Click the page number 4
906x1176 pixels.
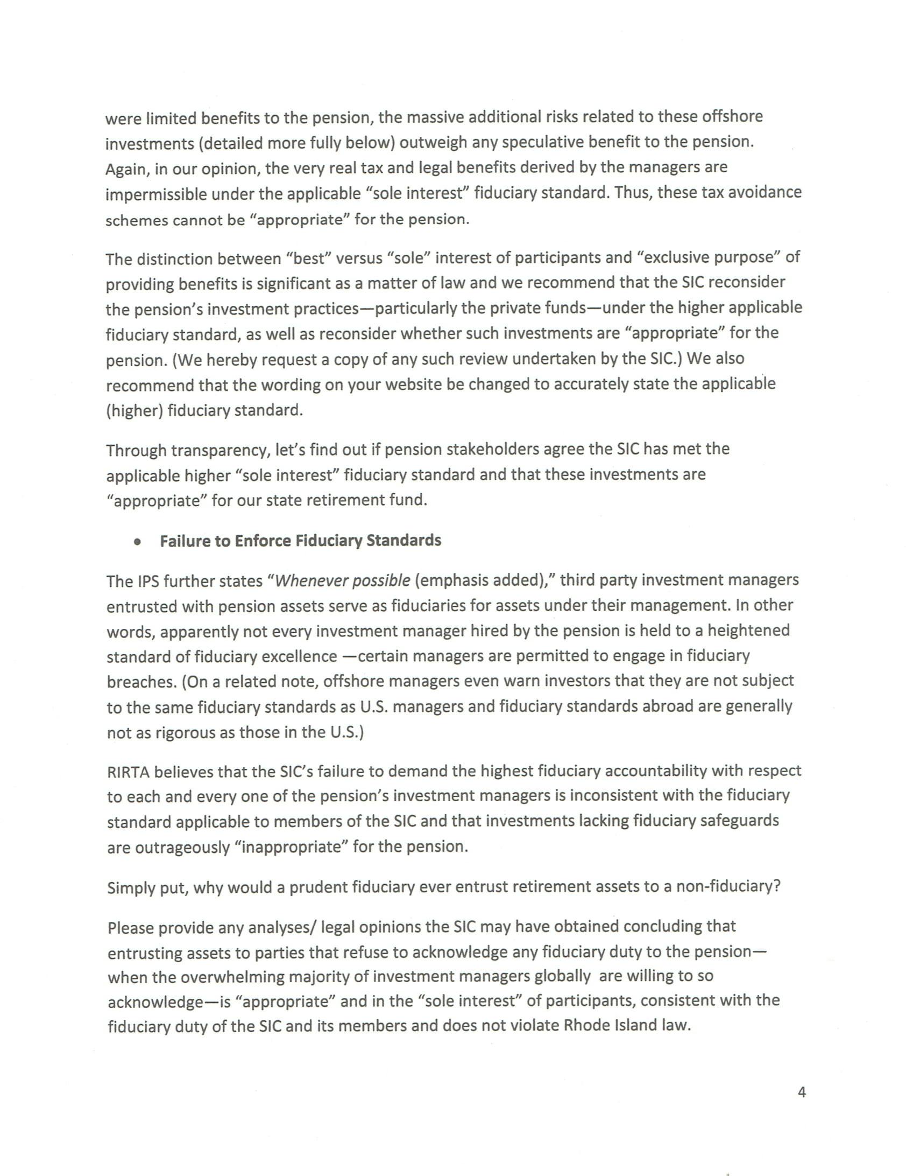pos(802,1093)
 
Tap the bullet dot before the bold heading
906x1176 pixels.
pos(138,542)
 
